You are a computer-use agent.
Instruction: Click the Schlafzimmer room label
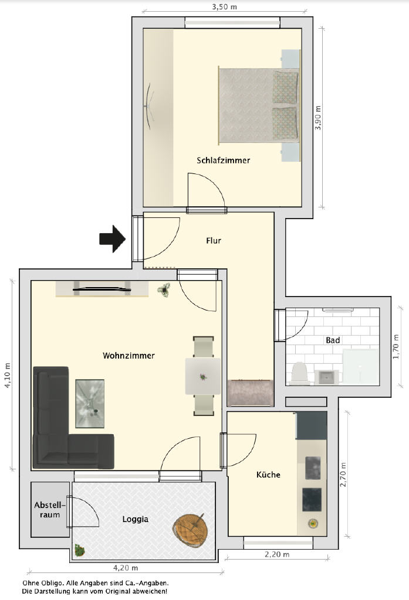[x=223, y=161]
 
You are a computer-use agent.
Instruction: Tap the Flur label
[x=214, y=240]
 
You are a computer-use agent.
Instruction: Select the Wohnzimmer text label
[x=129, y=356]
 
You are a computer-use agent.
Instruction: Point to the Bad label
[x=333, y=340]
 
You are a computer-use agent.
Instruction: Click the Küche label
[x=268, y=475]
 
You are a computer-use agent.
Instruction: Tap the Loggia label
[x=136, y=519]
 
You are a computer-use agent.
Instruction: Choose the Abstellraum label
[x=50, y=510]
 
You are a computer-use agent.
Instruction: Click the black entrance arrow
[x=113, y=239]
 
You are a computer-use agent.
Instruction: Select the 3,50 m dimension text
[x=224, y=6]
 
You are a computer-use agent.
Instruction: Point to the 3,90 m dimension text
[x=318, y=118]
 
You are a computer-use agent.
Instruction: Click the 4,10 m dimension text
[x=7, y=376]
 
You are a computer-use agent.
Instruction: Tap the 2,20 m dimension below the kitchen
[x=277, y=554]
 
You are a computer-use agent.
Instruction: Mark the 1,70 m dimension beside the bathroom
[x=396, y=347]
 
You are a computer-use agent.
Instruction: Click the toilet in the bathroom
[x=300, y=373]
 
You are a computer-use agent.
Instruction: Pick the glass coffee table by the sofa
[x=90, y=403]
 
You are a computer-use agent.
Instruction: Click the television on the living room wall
[x=102, y=289]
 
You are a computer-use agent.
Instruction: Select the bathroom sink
[x=327, y=377]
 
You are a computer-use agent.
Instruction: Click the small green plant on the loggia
[x=79, y=550]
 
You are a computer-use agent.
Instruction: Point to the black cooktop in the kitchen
[x=312, y=499]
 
